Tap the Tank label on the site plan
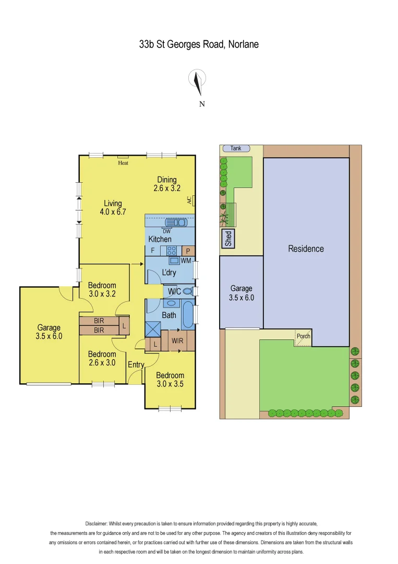tap(236, 148)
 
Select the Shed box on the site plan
tap(228, 239)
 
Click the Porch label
tap(303, 336)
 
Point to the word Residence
tap(306, 249)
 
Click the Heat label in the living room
tap(123, 162)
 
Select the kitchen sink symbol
tap(176, 222)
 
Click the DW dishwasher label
tap(166, 231)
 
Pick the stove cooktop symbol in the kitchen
tap(171, 250)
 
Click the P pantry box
tap(188, 251)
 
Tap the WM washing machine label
tap(186, 260)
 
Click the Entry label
tap(136, 365)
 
